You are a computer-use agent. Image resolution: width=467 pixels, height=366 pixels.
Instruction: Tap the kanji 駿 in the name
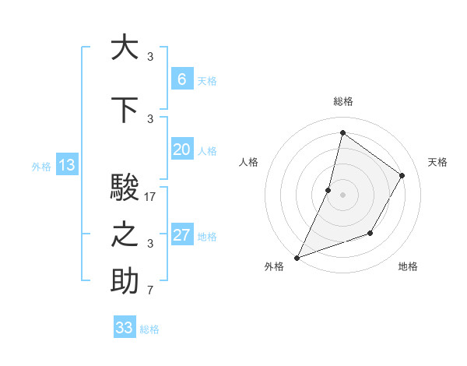point(125,188)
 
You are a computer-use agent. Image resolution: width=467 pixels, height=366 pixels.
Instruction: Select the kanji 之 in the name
point(125,235)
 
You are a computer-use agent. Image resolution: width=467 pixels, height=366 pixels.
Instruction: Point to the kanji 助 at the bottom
point(125,282)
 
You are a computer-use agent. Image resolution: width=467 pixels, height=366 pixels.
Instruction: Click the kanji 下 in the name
point(125,109)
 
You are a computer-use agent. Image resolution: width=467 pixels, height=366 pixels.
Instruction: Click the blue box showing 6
point(181,79)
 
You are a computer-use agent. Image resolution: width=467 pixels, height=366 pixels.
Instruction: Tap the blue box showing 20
point(181,150)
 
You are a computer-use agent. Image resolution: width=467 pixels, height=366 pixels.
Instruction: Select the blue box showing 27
point(181,235)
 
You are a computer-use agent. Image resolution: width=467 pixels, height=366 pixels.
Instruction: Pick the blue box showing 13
point(66,165)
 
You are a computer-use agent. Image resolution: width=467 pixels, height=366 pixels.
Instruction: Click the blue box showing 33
point(125,328)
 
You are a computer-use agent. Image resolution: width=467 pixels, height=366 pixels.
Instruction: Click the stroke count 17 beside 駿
point(150,197)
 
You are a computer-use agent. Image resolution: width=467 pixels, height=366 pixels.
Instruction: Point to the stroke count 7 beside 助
point(150,291)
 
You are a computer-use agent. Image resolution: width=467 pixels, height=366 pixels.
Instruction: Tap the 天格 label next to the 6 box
point(207,81)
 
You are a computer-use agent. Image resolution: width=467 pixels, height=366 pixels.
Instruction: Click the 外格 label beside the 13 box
point(41,166)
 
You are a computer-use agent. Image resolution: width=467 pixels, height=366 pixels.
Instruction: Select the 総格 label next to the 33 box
point(150,329)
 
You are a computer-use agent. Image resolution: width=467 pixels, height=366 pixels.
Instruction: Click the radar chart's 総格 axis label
point(342,102)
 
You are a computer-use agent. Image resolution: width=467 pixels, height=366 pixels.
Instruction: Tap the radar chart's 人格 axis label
point(249,162)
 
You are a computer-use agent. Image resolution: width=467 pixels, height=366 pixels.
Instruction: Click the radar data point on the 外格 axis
point(297,257)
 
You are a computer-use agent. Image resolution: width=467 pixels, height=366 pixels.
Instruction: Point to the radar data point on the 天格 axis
point(402,175)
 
